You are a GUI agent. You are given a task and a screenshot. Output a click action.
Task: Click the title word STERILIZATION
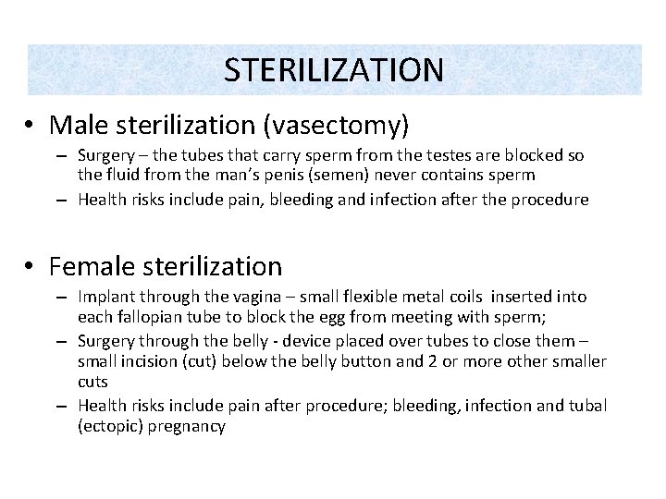[x=334, y=68]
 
